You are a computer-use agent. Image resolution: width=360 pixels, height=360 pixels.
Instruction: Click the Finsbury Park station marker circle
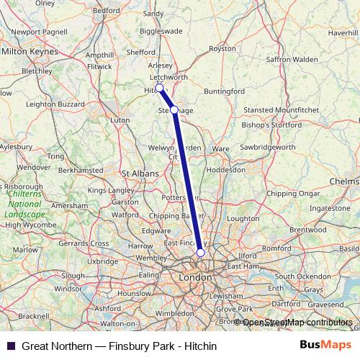click(x=200, y=253)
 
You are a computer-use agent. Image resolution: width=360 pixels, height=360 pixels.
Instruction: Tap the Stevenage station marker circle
click(x=174, y=109)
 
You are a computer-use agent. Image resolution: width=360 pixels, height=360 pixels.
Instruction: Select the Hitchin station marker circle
click(x=159, y=89)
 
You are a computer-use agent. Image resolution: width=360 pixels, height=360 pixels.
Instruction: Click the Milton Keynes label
click(x=30, y=52)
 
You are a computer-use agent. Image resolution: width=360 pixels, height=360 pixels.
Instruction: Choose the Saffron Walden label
click(x=292, y=58)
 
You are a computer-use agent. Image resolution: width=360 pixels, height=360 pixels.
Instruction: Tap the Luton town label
click(x=120, y=120)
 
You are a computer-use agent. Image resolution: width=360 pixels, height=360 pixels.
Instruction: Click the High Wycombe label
click(x=23, y=225)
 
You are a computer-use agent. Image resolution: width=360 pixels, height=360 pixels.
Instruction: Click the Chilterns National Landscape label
click(x=24, y=204)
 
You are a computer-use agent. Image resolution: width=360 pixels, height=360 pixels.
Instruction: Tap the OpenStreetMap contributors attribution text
click(x=297, y=323)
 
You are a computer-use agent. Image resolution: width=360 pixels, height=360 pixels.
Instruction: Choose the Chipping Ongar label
click(x=292, y=193)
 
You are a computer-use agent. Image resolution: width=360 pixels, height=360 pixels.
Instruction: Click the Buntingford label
click(x=225, y=92)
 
